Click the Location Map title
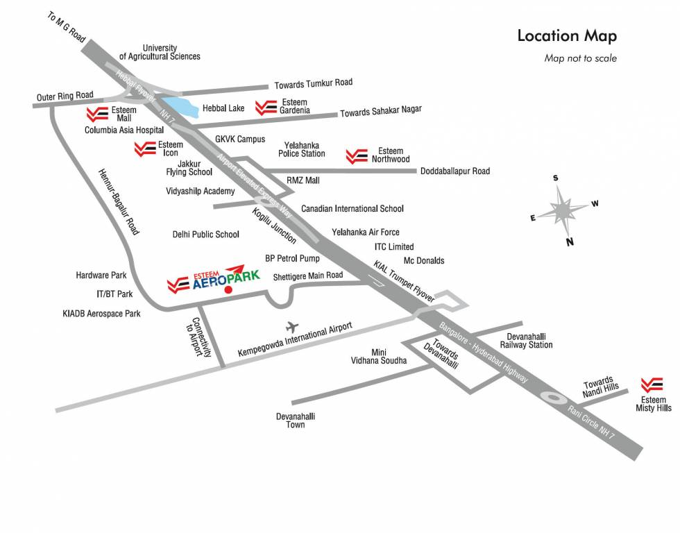[567, 36]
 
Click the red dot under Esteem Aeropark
[228, 289]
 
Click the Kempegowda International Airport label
[295, 339]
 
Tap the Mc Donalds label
[424, 260]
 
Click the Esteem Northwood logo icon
[357, 156]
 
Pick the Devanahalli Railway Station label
[527, 340]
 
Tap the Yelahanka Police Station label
[302, 149]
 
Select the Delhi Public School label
[205, 235]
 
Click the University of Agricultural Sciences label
[160, 52]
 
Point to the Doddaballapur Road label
[455, 171]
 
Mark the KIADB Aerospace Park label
[101, 314]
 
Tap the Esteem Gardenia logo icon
[266, 108]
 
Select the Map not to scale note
[580, 58]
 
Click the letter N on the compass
[570, 242]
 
